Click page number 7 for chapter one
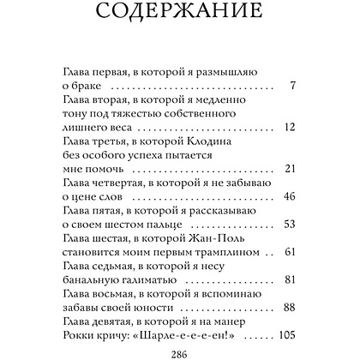click(x=293, y=86)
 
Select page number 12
click(x=290, y=127)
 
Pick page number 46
click(x=289, y=196)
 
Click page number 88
click(x=289, y=306)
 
